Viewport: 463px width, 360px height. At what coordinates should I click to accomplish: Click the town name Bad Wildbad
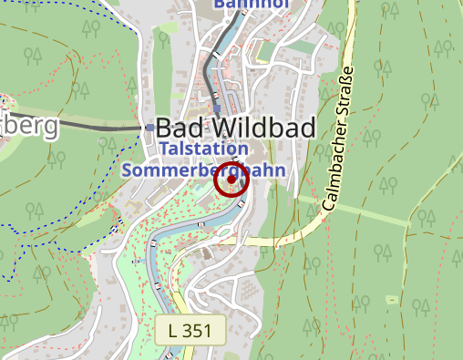tap(236, 128)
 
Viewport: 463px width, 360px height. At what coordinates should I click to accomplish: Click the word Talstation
tap(203, 149)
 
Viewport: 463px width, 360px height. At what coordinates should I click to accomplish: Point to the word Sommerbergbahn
tap(203, 170)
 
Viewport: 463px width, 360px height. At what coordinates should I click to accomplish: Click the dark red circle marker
tap(231, 179)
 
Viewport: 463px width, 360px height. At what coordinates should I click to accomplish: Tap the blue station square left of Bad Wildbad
tap(150, 128)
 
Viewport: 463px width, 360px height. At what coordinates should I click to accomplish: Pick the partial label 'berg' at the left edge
tap(28, 126)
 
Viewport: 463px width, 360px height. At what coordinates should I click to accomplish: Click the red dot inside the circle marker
tap(231, 179)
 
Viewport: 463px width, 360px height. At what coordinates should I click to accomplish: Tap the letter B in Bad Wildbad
tap(166, 128)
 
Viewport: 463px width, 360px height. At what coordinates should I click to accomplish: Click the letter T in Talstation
tap(164, 149)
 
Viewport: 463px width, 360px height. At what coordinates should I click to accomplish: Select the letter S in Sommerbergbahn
tap(126, 170)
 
